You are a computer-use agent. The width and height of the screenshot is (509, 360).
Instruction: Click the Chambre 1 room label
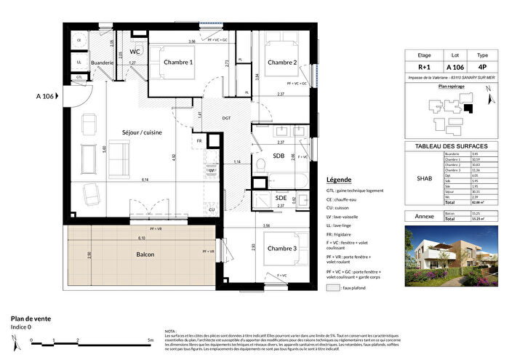(x=177, y=63)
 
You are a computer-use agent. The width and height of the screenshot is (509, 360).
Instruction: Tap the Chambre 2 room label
(x=282, y=63)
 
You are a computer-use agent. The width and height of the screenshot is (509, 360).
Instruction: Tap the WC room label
(x=135, y=52)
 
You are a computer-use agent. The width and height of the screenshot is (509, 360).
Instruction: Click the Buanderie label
(x=103, y=63)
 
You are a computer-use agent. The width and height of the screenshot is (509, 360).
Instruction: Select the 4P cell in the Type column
(x=482, y=66)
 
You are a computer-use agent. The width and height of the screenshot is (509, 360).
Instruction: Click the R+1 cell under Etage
(x=425, y=66)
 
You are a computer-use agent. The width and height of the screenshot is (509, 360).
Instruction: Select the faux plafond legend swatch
(x=334, y=288)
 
